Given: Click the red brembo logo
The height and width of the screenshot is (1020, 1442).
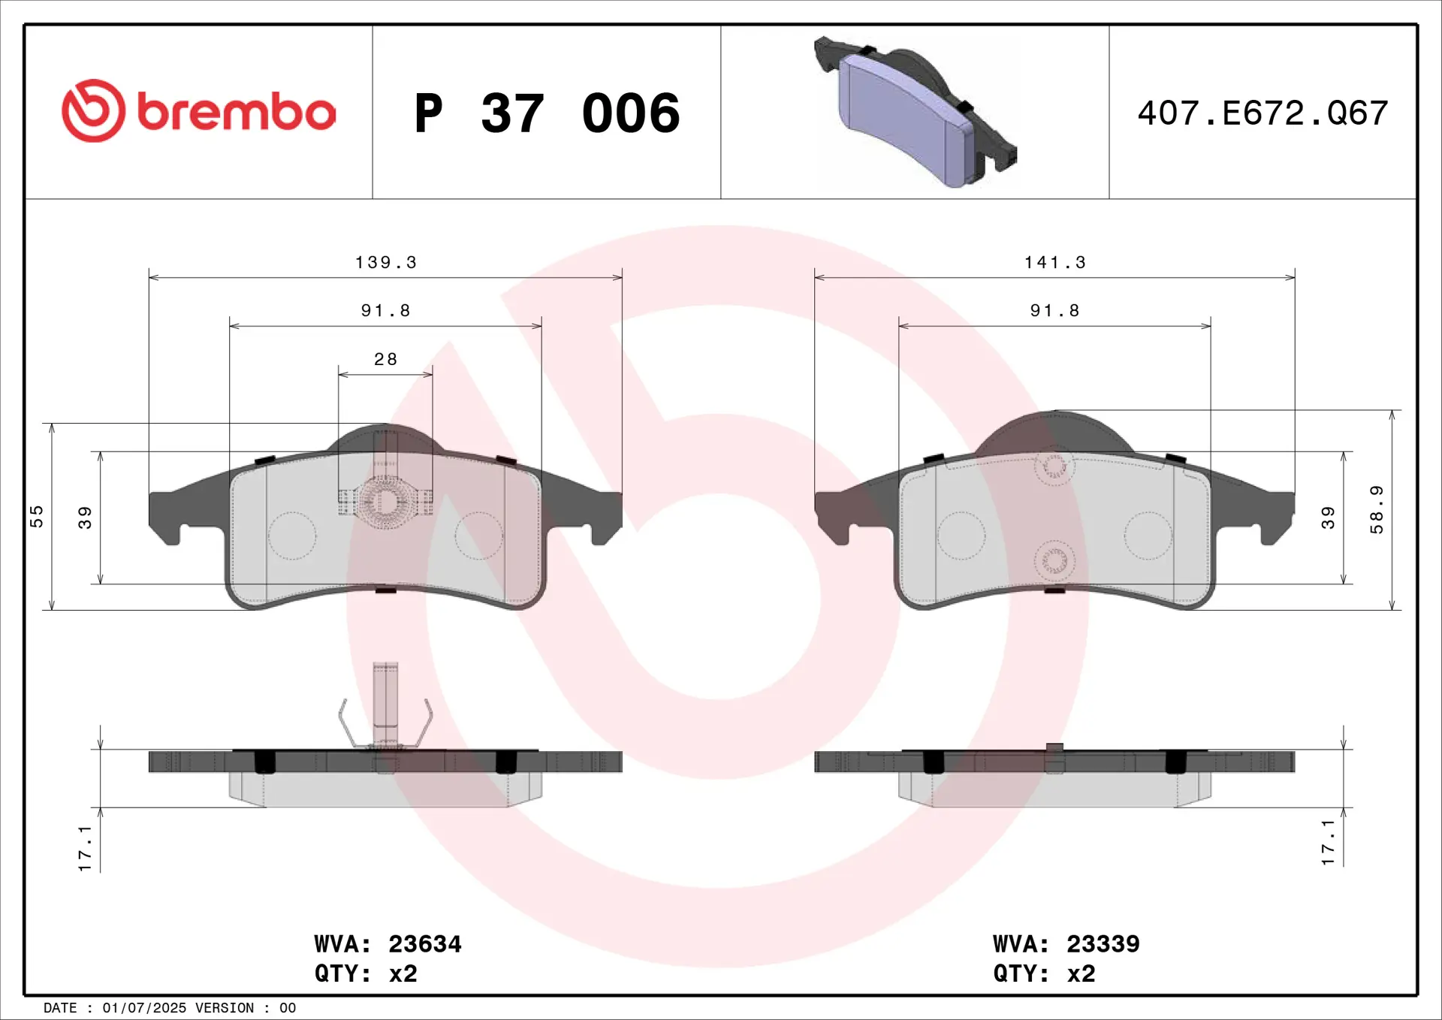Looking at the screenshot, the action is pos(198,111).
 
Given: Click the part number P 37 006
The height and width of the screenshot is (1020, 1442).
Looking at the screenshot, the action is pos(547,113).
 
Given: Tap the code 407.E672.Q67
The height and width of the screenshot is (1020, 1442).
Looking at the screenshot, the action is pos(1263,113).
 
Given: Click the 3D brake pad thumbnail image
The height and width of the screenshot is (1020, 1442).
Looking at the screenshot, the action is pos(915,112).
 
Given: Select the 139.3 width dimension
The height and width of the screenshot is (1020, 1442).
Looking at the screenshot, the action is pos(385,262).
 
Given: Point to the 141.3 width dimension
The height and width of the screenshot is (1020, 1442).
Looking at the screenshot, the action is pos(1054,262).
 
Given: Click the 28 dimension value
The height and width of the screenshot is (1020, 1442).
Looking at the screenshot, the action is pos(385,359).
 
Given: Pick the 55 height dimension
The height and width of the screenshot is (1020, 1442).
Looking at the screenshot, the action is pos(36,517).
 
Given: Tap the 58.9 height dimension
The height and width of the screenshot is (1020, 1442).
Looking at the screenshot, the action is pos(1376,510).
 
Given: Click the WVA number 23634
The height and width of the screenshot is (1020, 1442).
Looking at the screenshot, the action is pos(424,944).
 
